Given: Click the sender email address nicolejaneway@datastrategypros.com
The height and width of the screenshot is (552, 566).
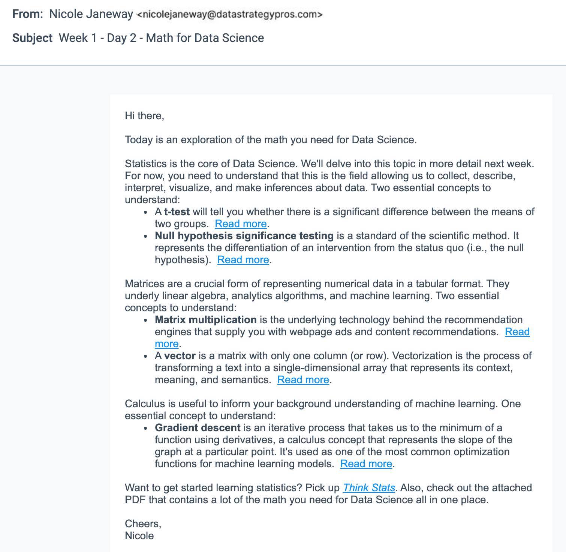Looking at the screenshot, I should click(229, 15).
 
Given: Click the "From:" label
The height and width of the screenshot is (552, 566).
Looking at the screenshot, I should click(28, 14).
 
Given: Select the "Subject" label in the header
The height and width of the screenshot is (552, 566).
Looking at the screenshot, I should click(32, 38).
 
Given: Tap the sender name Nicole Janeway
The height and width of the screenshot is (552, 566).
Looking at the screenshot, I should click(91, 14).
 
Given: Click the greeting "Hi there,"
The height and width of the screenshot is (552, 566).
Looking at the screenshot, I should click(144, 115).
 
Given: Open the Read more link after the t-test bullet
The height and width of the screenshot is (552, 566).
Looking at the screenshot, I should click(241, 224).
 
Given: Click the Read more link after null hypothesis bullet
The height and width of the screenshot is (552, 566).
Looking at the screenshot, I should click(243, 260).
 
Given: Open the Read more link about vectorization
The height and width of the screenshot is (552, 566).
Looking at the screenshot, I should click(303, 380).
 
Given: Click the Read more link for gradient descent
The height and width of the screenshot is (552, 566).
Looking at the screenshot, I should click(366, 464).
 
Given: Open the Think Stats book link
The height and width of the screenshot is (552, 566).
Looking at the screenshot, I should click(369, 488).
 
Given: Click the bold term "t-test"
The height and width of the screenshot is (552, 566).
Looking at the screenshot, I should click(177, 212).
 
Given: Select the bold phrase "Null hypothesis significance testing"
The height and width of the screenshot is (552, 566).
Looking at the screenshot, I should click(244, 236).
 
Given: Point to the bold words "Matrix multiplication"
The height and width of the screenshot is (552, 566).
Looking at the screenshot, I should click(205, 320).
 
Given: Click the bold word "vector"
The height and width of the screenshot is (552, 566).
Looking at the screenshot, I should click(180, 356).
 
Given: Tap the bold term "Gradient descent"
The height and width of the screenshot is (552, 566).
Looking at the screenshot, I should click(198, 428).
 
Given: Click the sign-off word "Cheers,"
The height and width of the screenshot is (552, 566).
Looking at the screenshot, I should click(143, 524).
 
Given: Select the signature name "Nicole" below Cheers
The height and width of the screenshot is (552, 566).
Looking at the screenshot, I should click(139, 536).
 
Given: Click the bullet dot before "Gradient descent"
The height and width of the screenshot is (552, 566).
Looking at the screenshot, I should click(146, 428).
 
